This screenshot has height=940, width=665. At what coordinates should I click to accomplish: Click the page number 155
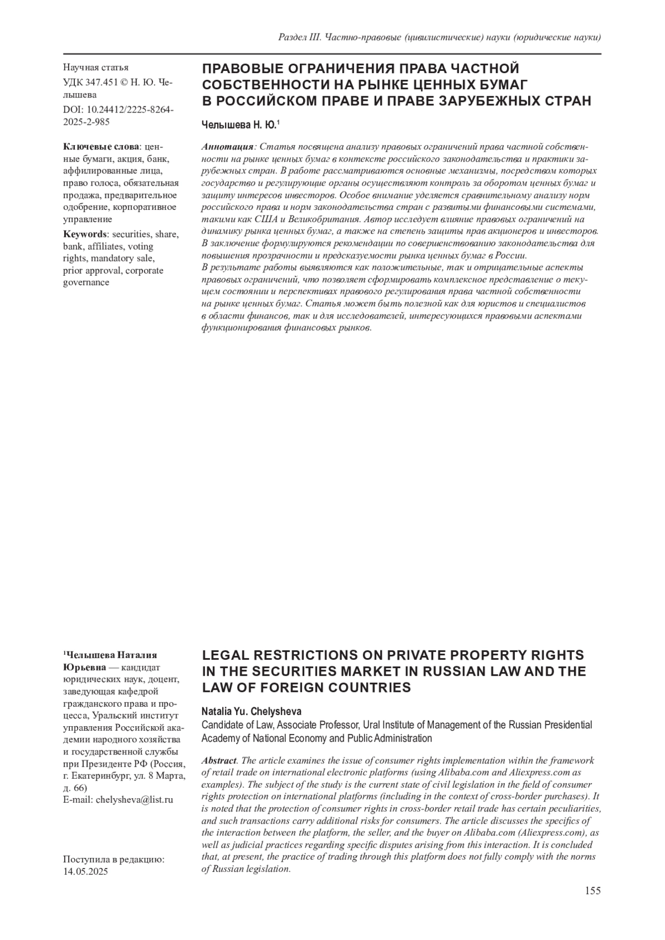(592, 891)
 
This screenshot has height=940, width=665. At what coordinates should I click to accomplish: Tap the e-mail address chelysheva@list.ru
(135, 800)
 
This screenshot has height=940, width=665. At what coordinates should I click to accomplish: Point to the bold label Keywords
(84, 234)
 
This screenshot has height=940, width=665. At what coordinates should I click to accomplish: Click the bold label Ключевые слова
(102, 147)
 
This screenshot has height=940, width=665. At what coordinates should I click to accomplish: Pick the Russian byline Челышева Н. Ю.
(239, 125)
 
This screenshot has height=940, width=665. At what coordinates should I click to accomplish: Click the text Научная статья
(96, 68)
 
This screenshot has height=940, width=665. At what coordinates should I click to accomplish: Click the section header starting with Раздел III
(439, 37)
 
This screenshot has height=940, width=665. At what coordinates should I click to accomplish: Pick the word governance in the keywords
(86, 282)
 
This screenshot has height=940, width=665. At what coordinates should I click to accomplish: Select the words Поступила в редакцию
(114, 859)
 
